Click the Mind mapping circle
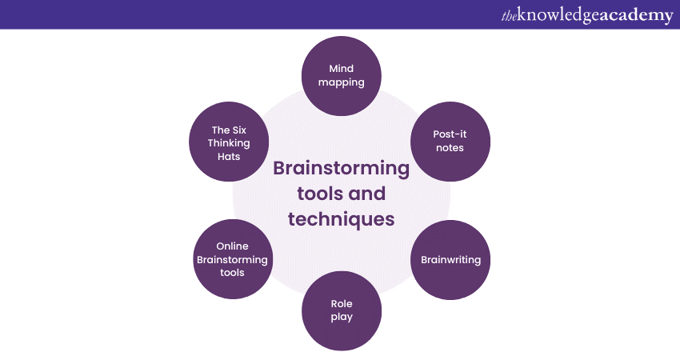(342, 74)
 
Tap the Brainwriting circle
(450, 260)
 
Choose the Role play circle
(342, 311)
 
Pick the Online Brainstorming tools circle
(233, 260)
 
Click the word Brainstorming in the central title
(342, 169)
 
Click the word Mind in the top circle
(342, 67)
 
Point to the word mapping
(342, 82)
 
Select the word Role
(342, 304)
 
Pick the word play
(342, 318)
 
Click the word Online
(233, 246)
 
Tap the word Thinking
(230, 143)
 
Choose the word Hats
(230, 157)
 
